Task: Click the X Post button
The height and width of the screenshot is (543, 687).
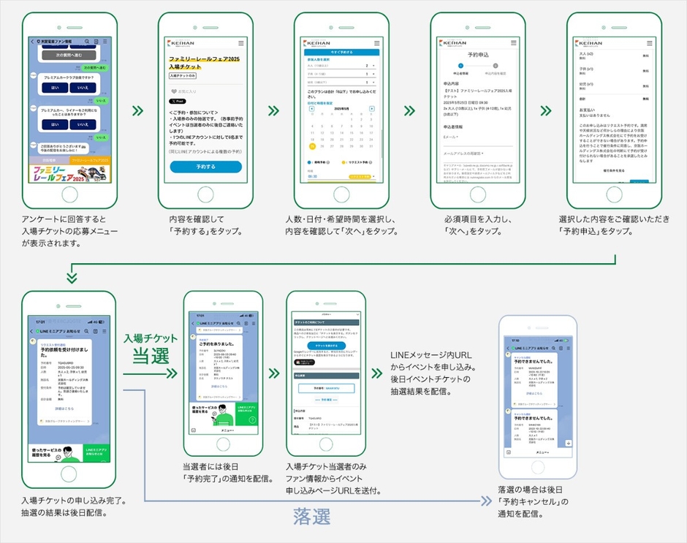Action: coord(178,101)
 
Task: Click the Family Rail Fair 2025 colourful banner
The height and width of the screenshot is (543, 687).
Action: coord(70,174)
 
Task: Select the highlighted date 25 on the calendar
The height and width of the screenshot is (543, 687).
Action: coord(312,145)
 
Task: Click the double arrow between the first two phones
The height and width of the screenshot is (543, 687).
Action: coord(137,111)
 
